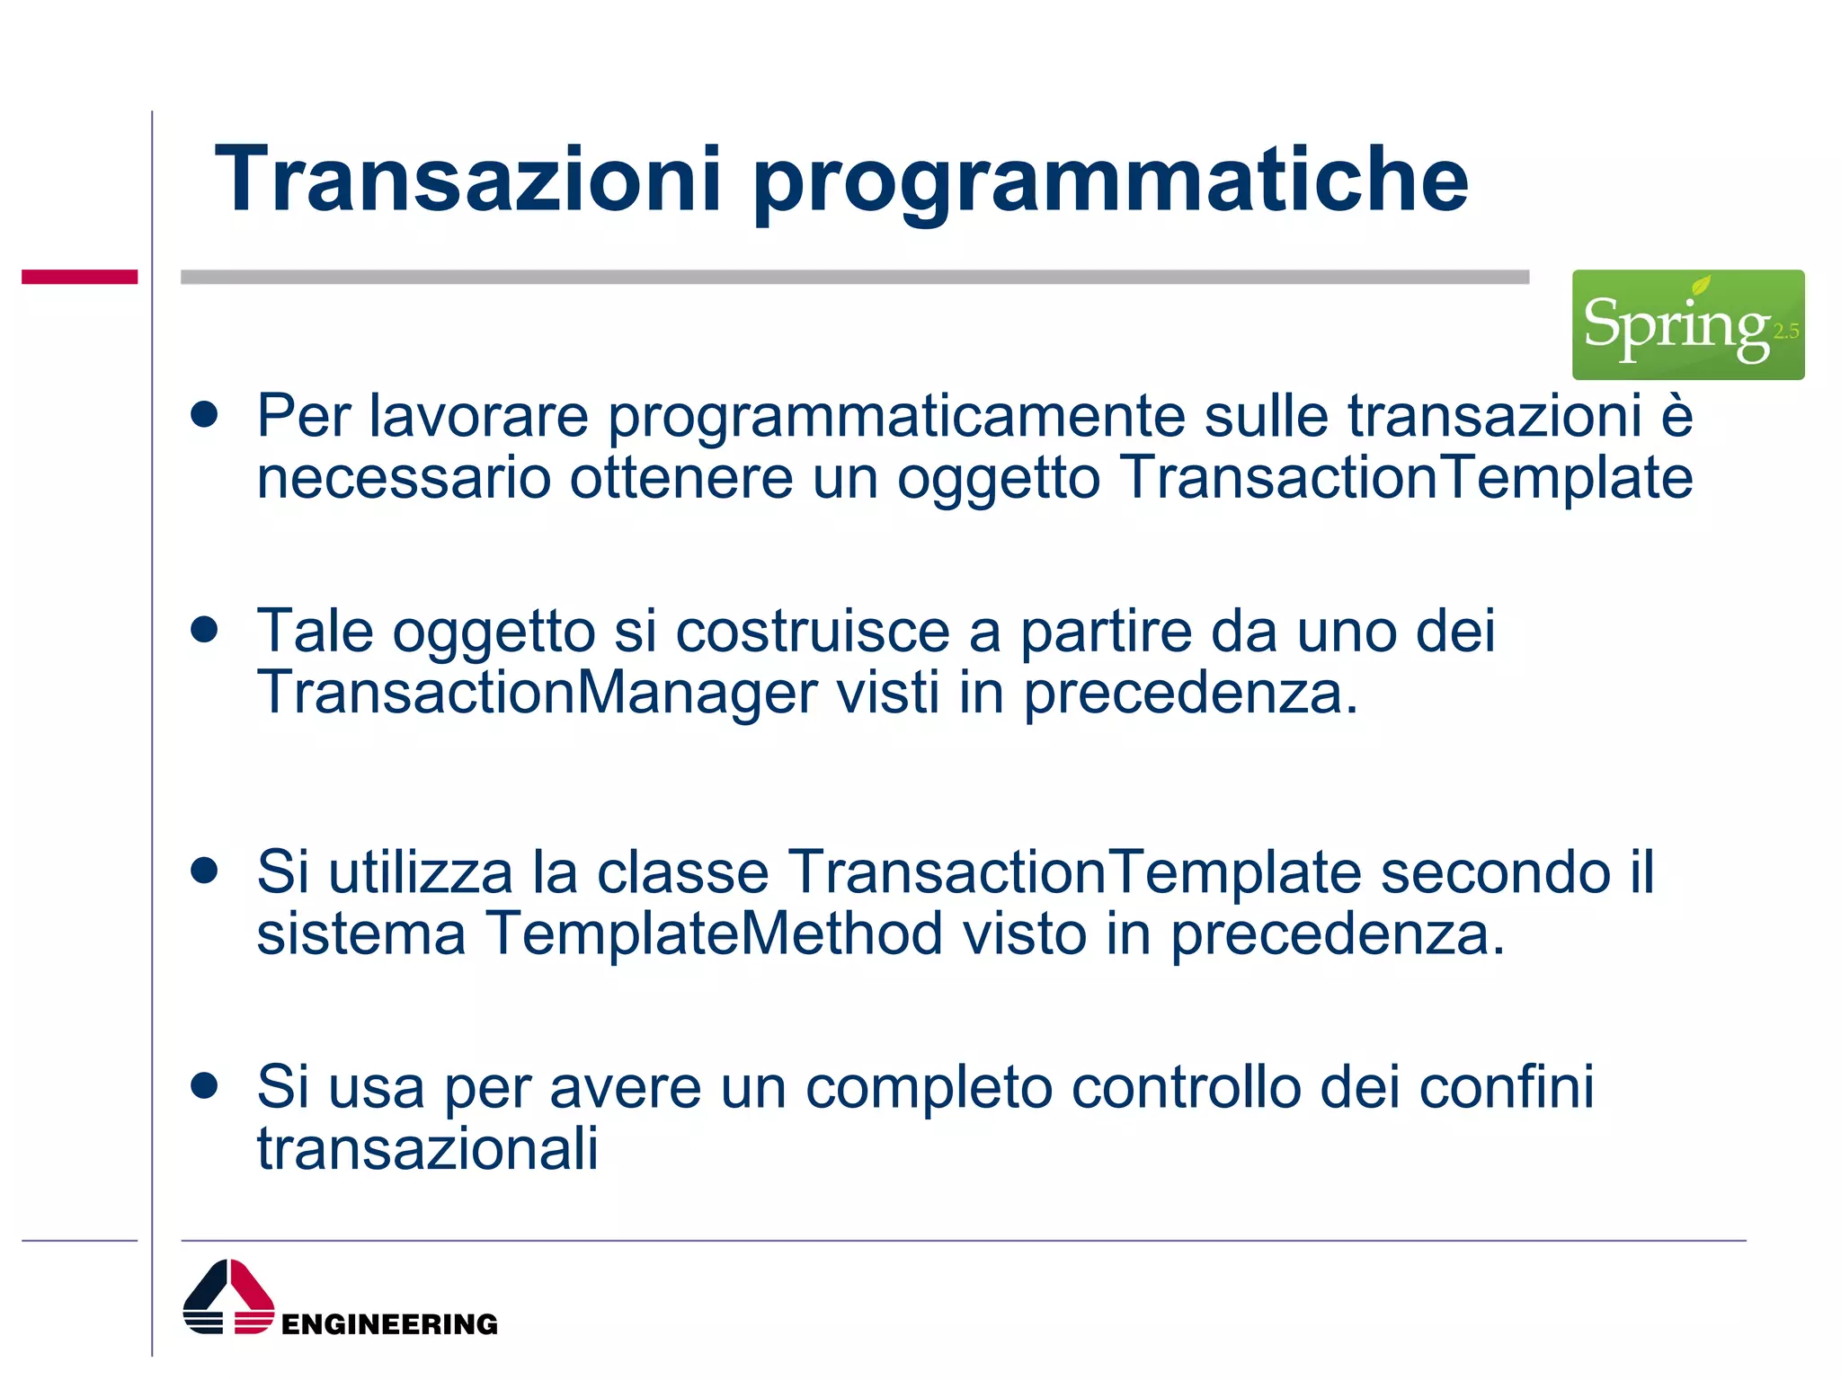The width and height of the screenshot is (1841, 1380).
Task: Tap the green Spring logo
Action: pyautogui.click(x=1686, y=324)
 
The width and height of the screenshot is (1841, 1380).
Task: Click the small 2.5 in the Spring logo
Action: pyautogui.click(x=1785, y=332)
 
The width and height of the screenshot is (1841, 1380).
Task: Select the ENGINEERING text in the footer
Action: pyautogui.click(x=389, y=1324)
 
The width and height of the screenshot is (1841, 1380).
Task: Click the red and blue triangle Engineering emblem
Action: pyautogui.click(x=228, y=1297)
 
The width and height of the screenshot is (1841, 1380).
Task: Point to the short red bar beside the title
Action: pyautogui.click(x=79, y=277)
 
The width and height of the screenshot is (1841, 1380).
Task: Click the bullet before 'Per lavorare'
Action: pyautogui.click(x=205, y=414)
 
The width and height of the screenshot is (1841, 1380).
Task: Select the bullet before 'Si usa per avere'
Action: pyautogui.click(x=205, y=1085)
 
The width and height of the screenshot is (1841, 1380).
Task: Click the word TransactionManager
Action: pyautogui.click(x=537, y=694)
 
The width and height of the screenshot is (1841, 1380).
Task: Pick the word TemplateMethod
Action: pyautogui.click(x=715, y=934)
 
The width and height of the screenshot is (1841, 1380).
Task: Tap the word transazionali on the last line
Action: pyautogui.click(x=427, y=1148)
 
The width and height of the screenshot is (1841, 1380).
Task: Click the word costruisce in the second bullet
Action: pyautogui.click(x=812, y=632)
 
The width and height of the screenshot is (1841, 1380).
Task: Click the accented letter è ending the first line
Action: pyautogui.click(x=1676, y=416)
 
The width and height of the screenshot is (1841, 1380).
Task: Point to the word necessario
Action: pyautogui.click(x=404, y=478)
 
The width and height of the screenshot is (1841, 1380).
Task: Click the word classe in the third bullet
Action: pyautogui.click(x=683, y=872)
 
